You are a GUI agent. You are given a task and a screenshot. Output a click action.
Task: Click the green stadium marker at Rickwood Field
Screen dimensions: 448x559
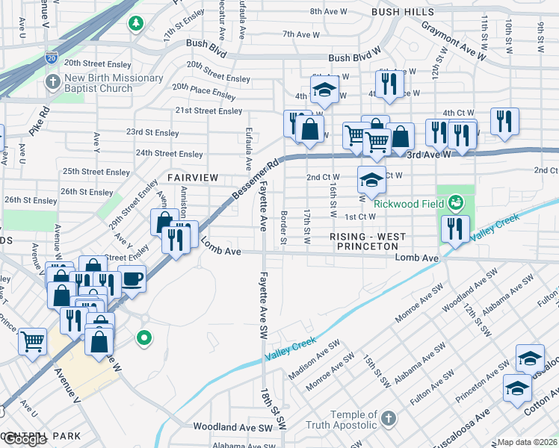(455, 202)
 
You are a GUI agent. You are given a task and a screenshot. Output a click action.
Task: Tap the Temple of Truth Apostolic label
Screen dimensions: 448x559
(345, 420)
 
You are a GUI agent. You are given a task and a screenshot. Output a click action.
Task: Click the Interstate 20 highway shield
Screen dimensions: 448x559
(51, 56)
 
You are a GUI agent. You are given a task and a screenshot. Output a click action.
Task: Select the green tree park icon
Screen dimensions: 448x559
(135, 24)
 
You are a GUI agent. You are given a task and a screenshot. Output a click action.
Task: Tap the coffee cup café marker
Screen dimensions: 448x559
(132, 279)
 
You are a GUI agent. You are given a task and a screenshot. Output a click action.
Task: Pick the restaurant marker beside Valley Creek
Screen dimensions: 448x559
(455, 229)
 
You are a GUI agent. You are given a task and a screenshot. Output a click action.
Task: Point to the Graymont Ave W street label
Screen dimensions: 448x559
(453, 41)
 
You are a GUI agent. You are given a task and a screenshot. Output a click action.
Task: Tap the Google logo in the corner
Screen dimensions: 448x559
(24, 439)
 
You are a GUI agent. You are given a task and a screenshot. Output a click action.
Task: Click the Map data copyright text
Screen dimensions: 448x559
(527, 442)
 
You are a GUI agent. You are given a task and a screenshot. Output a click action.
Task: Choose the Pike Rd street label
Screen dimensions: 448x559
(40, 121)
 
